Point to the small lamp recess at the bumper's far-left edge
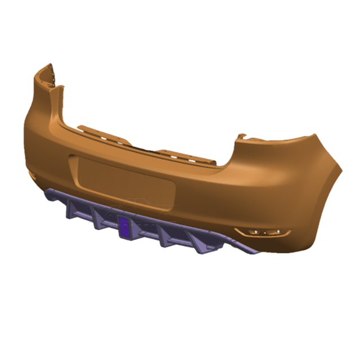point(33,177)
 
